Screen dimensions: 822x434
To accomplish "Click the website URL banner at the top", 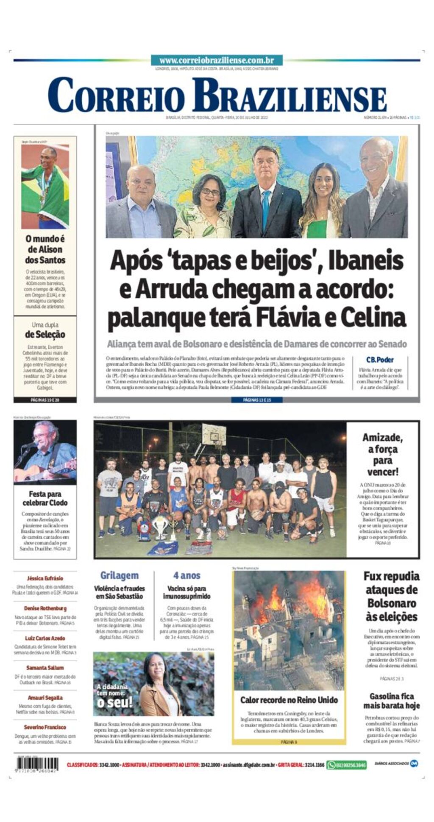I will coord(217,60).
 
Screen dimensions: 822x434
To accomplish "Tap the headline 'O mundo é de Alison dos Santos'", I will coord(45,249).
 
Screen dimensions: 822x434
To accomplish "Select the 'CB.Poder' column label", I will coord(380,360).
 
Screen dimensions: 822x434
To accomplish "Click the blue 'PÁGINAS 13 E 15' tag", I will coord(257,400).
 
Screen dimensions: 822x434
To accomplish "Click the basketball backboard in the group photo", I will coord(214,434).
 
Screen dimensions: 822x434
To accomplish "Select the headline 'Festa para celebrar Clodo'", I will coord(45,498).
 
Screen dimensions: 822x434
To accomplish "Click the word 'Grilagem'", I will coord(119,576).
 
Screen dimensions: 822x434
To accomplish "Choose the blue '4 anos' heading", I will coord(186,576).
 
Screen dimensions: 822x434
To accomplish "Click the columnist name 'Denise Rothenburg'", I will coord(45,608).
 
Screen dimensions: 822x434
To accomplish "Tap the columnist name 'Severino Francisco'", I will coord(45,727).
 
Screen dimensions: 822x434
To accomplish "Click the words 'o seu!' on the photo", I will coord(115,702).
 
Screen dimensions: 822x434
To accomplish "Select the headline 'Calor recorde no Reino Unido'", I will coord(289,700).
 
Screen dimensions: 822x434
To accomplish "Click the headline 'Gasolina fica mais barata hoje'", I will coord(391,701).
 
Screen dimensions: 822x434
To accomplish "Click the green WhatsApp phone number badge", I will coord(346,765).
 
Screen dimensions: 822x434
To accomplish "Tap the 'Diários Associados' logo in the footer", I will coord(396,763).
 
